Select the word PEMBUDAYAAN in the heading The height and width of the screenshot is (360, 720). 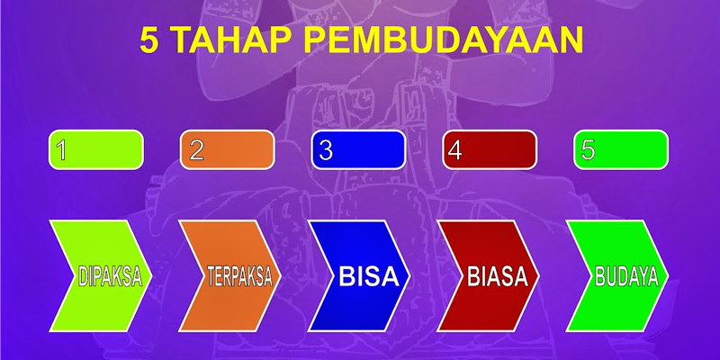[444, 40]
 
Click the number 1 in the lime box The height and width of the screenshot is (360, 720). [60, 149]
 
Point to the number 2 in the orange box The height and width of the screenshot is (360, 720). [196, 149]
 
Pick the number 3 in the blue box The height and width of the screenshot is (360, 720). [326, 150]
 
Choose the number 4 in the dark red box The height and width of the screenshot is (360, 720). [455, 150]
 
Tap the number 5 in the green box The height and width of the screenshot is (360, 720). [589, 149]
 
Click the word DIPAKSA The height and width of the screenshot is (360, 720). [110, 276]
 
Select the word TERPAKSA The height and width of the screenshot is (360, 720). [240, 276]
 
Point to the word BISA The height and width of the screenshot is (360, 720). [369, 276]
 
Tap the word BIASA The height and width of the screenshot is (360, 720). [498, 276]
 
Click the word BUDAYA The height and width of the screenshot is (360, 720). [627, 276]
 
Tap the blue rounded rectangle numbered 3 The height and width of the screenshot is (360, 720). [358, 149]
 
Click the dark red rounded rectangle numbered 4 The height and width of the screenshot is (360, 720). [490, 149]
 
